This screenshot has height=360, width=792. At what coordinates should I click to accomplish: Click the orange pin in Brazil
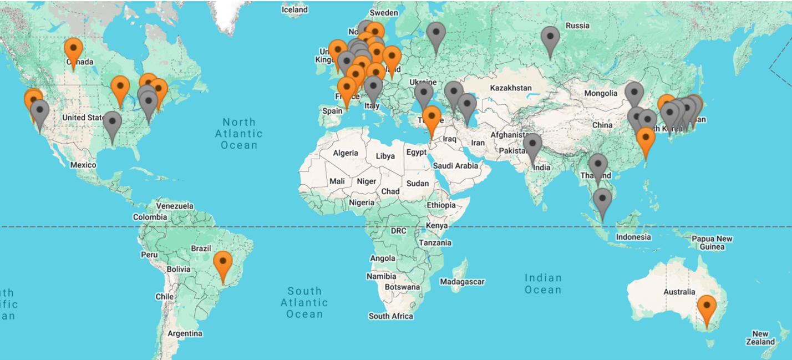pyautogui.click(x=223, y=264)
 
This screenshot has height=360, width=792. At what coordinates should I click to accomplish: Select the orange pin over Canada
pyautogui.click(x=73, y=50)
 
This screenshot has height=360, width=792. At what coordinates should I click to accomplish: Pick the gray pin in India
pyautogui.click(x=532, y=146)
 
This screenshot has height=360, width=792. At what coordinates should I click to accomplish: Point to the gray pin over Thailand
pyautogui.click(x=598, y=166)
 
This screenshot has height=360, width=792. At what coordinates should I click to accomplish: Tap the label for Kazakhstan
pyautogui.click(x=511, y=88)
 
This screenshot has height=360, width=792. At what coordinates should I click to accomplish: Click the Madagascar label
pyautogui.click(x=462, y=282)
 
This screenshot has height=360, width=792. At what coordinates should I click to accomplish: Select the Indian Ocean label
pyautogui.click(x=543, y=283)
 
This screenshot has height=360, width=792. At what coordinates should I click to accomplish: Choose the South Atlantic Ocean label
pyautogui.click(x=304, y=302)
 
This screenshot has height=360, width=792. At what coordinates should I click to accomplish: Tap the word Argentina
pyautogui.click(x=185, y=333)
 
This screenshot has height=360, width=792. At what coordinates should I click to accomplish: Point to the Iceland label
pyautogui.click(x=295, y=9)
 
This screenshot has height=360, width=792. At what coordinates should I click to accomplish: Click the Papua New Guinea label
pyautogui.click(x=712, y=242)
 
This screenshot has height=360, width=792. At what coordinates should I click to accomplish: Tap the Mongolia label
pyautogui.click(x=600, y=93)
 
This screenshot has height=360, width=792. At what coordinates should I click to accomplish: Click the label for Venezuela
pyautogui.click(x=174, y=206)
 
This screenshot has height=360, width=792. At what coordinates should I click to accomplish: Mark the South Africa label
pyautogui.click(x=391, y=316)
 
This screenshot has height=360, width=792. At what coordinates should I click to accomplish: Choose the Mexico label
pyautogui.click(x=83, y=165)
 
